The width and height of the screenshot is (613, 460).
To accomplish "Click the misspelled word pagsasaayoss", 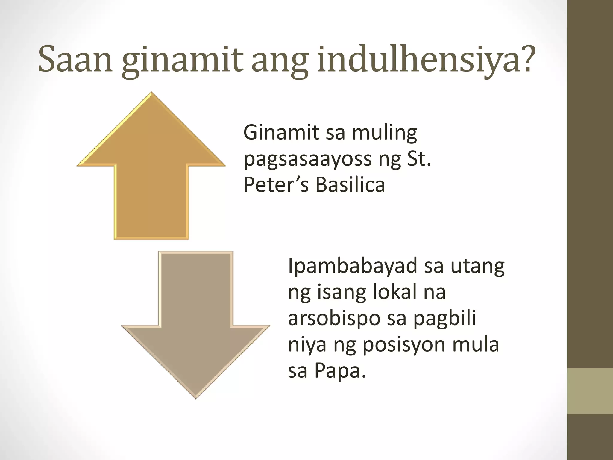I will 307,160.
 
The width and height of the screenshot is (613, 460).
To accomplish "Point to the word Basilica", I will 350,185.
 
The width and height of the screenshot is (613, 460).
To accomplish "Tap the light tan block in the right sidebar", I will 590,391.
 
